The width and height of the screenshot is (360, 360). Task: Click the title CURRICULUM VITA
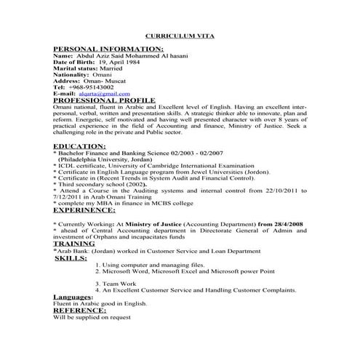180,35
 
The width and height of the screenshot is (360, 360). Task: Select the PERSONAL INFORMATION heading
100,47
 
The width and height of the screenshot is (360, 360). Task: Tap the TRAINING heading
74,242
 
